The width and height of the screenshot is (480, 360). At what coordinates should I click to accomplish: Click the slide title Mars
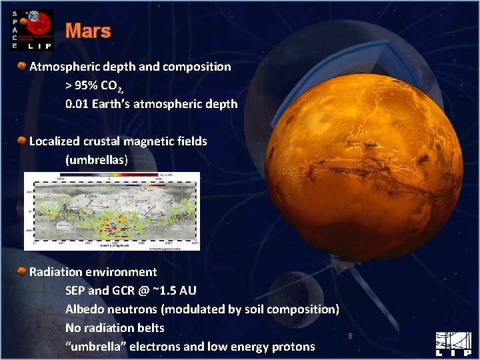click(x=88, y=31)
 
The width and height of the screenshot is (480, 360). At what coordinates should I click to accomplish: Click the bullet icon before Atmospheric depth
click(x=23, y=66)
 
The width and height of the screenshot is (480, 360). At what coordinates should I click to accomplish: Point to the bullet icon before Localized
click(x=23, y=141)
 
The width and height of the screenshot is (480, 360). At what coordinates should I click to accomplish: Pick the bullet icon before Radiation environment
click(x=23, y=271)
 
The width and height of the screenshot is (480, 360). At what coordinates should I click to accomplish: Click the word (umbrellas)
click(x=97, y=160)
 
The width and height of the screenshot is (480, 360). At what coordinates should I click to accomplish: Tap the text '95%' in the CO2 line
click(x=88, y=85)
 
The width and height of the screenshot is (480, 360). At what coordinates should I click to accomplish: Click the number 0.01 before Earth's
click(x=77, y=104)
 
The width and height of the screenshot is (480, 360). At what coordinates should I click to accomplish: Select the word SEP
click(x=77, y=291)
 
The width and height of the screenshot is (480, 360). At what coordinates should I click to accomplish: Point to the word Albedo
click(x=85, y=309)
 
